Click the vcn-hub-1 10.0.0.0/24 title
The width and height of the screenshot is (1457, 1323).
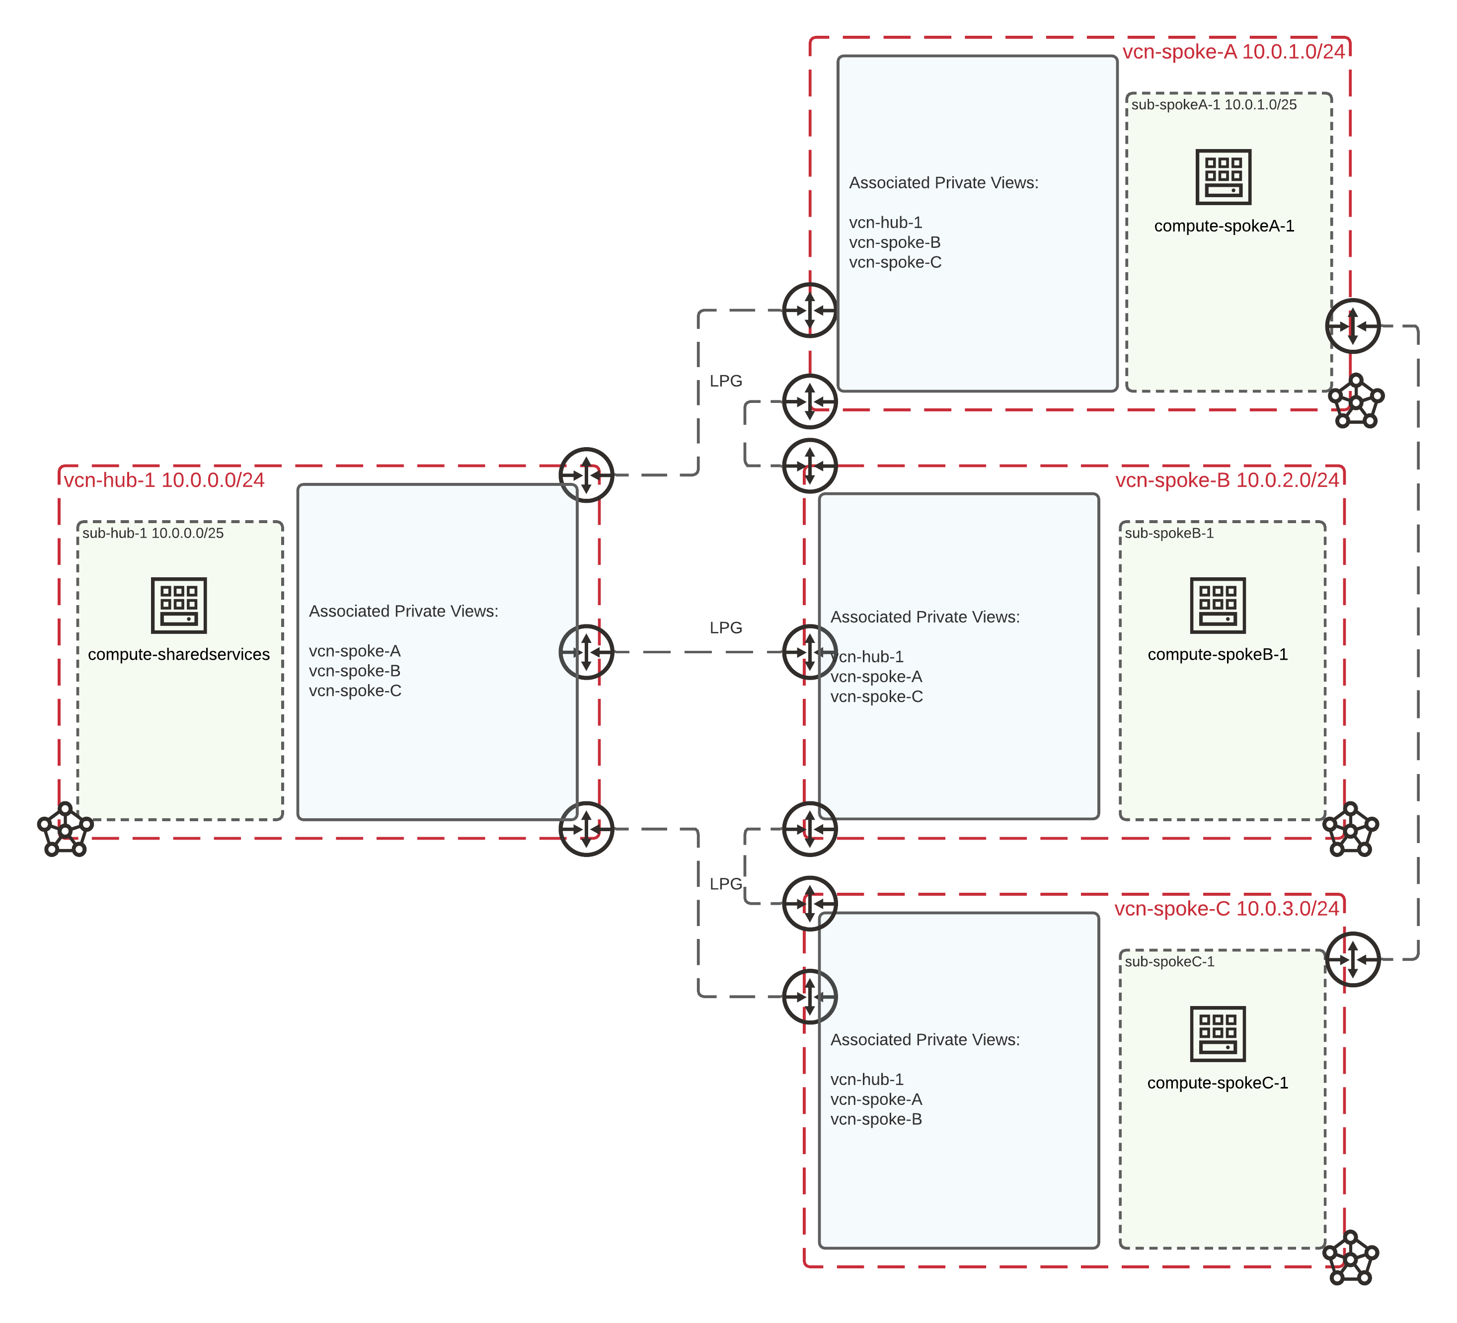pyautogui.click(x=164, y=480)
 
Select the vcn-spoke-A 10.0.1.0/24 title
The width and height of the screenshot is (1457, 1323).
pyautogui.click(x=1233, y=51)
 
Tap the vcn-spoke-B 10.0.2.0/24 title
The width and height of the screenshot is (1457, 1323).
pyautogui.click(x=1227, y=480)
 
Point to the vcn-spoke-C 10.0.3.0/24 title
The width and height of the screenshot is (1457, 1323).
pyautogui.click(x=1227, y=908)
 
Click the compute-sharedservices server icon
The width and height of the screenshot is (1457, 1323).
pyautogui.click(x=178, y=605)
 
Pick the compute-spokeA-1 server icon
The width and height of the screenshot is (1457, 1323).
pyautogui.click(x=1224, y=177)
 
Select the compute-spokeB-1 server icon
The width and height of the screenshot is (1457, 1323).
pyautogui.click(x=1218, y=605)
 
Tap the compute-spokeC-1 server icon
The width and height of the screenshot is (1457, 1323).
pyautogui.click(x=1218, y=1034)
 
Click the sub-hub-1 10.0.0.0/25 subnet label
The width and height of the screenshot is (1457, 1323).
pyautogui.click(x=153, y=533)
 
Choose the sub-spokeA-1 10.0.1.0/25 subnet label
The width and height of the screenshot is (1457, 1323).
pyautogui.click(x=1214, y=105)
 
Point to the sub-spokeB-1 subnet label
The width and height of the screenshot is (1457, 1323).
pyautogui.click(x=1169, y=533)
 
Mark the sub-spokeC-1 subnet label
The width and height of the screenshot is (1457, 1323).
pyautogui.click(x=1169, y=961)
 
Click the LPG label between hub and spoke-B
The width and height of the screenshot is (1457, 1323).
pyautogui.click(x=726, y=627)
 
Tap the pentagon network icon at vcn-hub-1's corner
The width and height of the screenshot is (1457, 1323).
pyautogui.click(x=65, y=829)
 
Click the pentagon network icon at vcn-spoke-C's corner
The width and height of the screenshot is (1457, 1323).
pyautogui.click(x=1351, y=1258)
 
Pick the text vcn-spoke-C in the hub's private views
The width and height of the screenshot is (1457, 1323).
pyautogui.click(x=355, y=691)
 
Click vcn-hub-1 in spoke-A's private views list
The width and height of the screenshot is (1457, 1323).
pyautogui.click(x=885, y=223)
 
